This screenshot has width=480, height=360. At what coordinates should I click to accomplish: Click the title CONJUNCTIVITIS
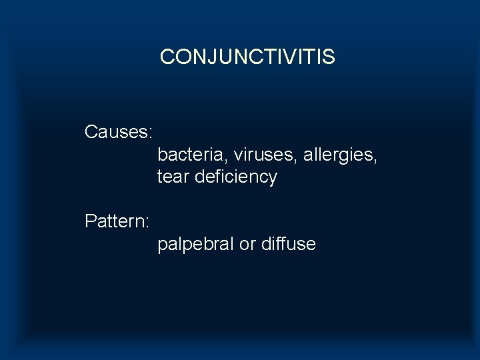247,57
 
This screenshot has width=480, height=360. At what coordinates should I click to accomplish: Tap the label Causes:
119,132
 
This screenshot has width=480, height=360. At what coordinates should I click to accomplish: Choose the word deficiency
236,177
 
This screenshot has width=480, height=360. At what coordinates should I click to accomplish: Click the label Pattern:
117,221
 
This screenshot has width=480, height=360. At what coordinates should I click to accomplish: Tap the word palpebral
196,244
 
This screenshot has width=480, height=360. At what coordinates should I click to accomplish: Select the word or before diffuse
247,244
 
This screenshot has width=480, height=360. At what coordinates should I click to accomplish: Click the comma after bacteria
229,160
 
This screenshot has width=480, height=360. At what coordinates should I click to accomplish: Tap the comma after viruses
299,160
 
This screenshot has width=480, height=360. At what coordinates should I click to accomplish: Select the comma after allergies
377,160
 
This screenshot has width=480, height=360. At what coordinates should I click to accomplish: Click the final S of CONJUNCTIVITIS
329,57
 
